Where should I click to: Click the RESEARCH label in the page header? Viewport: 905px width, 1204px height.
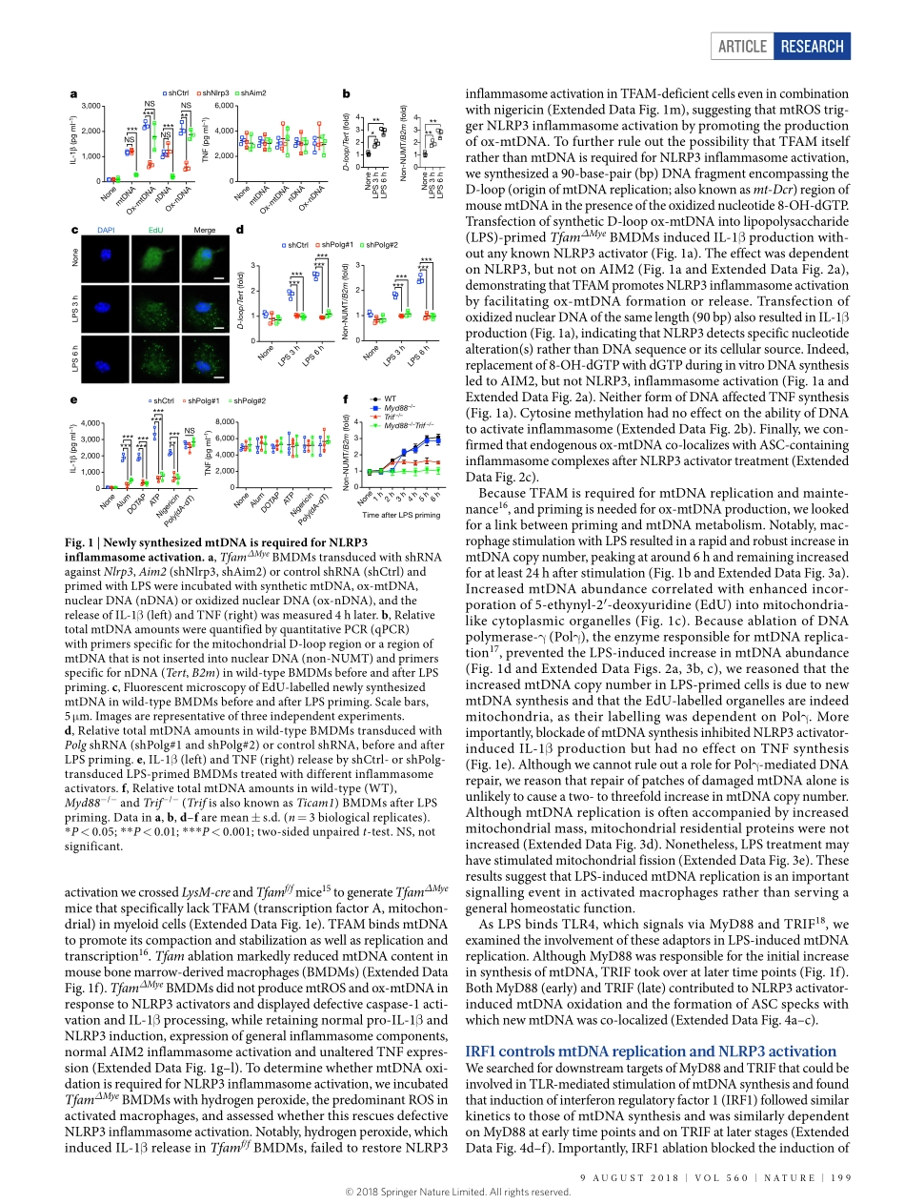click(811, 46)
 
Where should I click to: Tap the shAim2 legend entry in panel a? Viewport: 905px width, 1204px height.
click(252, 93)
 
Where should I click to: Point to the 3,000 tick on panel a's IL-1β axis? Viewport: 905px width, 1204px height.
click(91, 106)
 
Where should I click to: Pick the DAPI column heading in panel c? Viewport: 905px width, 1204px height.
click(105, 230)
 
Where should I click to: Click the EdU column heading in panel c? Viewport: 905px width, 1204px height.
click(155, 230)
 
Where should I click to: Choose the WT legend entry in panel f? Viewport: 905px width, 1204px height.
click(389, 398)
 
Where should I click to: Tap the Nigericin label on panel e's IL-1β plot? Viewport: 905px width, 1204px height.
click(169, 506)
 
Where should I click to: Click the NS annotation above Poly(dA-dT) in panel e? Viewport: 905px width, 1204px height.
click(189, 430)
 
